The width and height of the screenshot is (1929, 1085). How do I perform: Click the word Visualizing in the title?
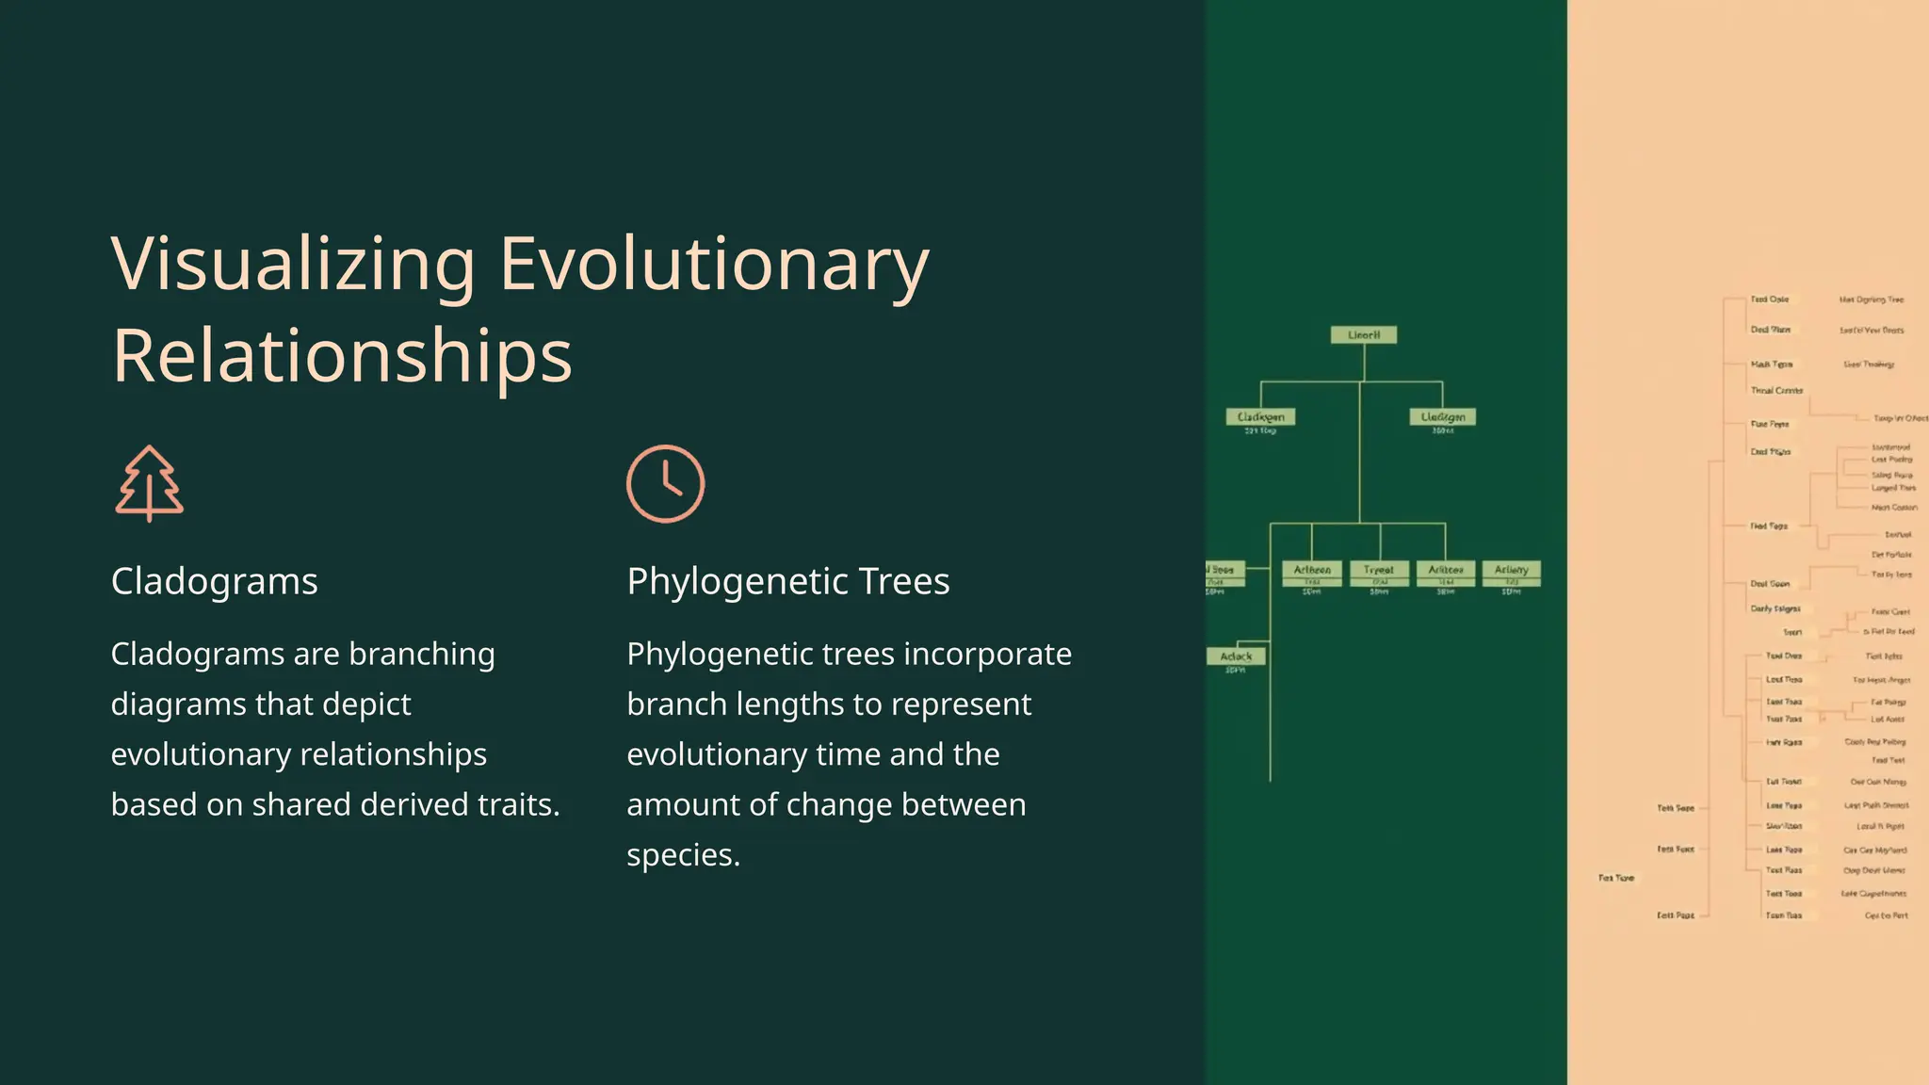(293, 265)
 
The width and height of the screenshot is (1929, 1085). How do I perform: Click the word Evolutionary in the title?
(714, 265)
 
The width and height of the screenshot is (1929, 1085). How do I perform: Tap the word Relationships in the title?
(342, 356)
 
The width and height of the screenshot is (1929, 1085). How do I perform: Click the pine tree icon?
(150, 483)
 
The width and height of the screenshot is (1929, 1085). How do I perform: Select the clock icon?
(665, 483)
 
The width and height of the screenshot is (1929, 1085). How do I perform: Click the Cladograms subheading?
(214, 581)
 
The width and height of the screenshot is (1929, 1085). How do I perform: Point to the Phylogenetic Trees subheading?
(787, 581)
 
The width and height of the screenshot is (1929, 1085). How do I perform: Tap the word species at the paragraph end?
(683, 854)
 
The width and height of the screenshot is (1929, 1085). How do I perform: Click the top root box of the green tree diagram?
(1363, 334)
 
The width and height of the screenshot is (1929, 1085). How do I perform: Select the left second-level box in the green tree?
(1260, 416)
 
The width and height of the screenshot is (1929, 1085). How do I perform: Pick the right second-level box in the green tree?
(1442, 416)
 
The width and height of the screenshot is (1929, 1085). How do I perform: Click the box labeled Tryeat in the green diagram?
(1379, 570)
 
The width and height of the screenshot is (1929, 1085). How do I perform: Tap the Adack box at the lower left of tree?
(1236, 656)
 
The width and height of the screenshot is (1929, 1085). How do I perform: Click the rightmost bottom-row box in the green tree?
(1511, 570)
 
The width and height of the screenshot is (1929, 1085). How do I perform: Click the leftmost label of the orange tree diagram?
(1616, 878)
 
